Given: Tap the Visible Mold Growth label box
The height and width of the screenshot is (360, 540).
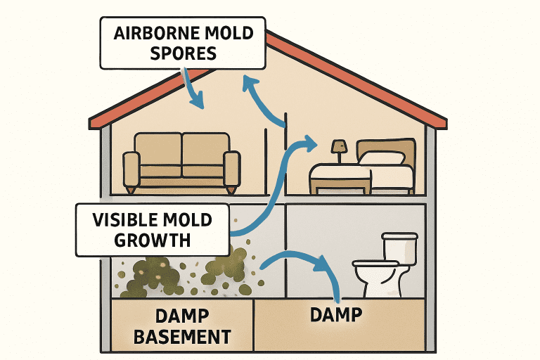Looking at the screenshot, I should (153, 229).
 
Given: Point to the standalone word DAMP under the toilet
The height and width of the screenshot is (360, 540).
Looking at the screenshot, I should (336, 314).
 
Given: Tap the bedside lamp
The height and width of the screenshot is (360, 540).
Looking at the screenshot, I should (338, 148).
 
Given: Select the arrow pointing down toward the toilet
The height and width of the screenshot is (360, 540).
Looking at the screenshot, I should (302, 264).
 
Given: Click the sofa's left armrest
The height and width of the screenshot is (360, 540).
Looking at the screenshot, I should (131, 169).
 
